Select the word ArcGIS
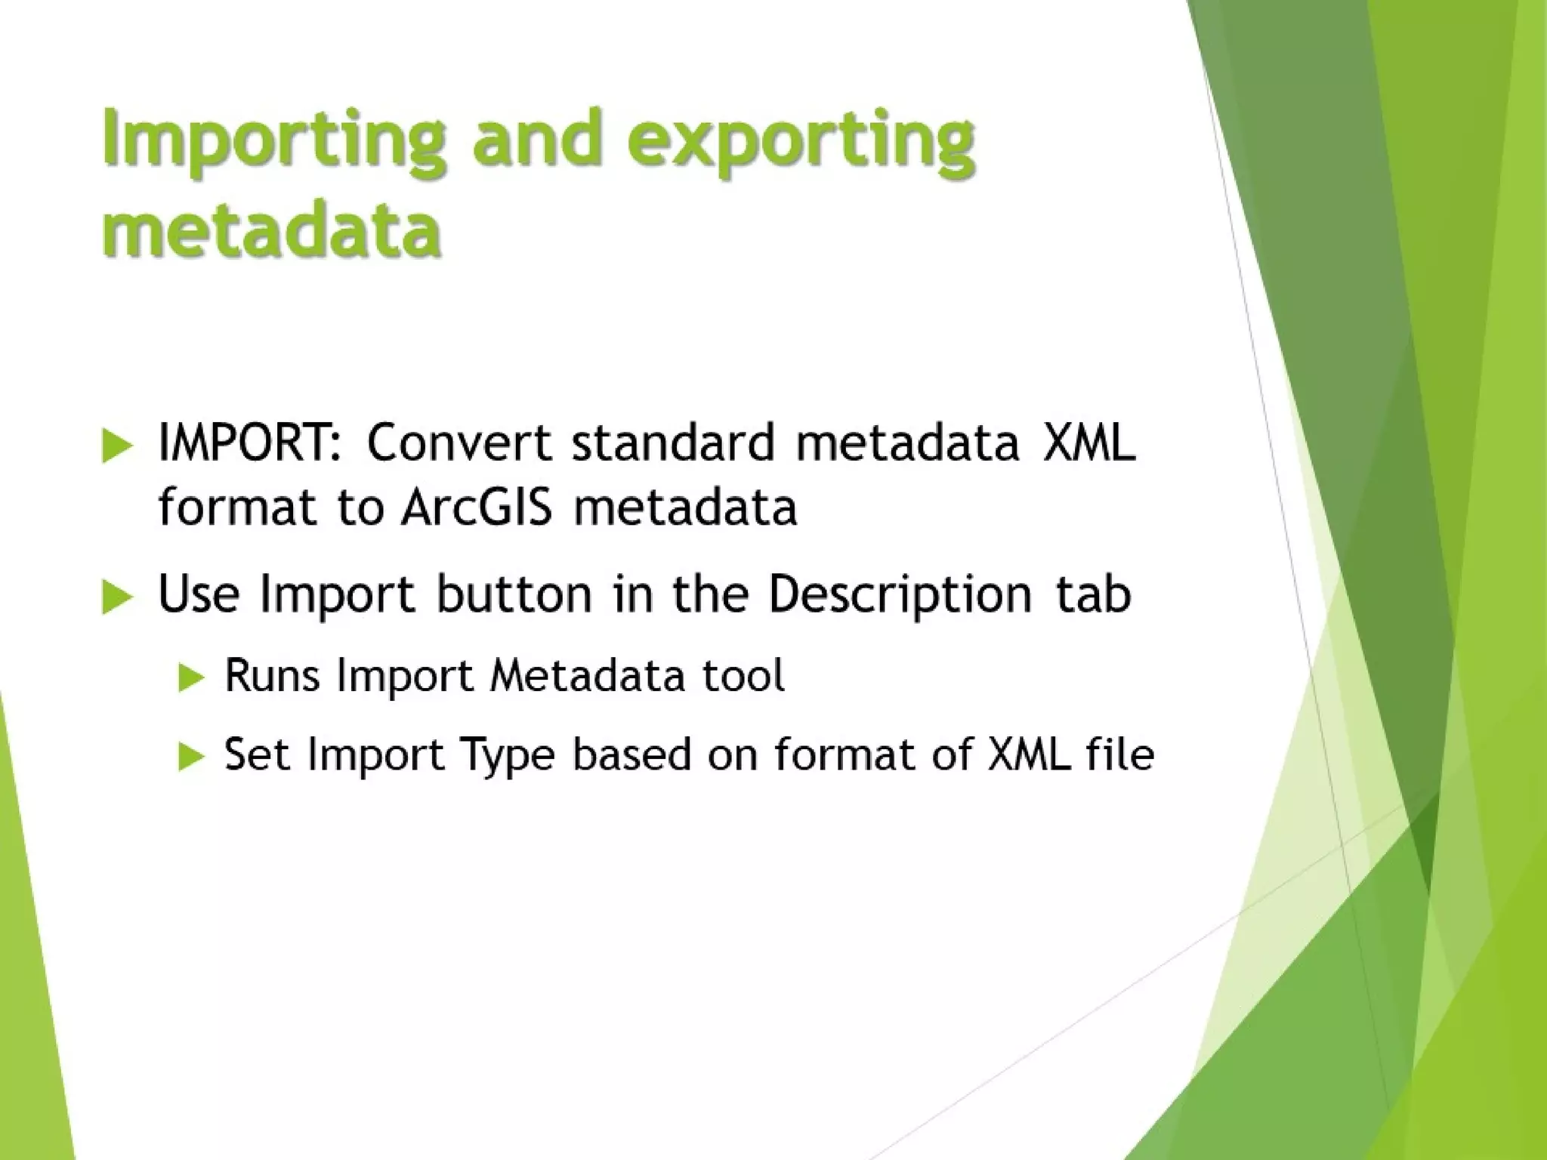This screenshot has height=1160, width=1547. point(477,507)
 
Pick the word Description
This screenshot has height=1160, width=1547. point(899,595)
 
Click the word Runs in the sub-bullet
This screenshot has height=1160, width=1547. point(272,675)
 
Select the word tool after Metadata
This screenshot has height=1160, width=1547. point(743,675)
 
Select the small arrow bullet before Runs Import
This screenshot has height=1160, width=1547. point(192,677)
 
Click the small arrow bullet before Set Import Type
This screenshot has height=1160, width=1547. point(192,757)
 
